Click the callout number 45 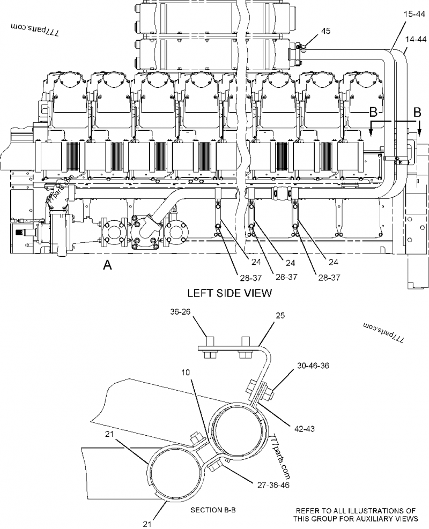point(326,31)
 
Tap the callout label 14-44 point(416,40)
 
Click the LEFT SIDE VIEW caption point(229,293)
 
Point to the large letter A point(107,265)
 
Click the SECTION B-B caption point(213,510)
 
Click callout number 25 point(280,315)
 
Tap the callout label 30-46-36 point(313,366)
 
